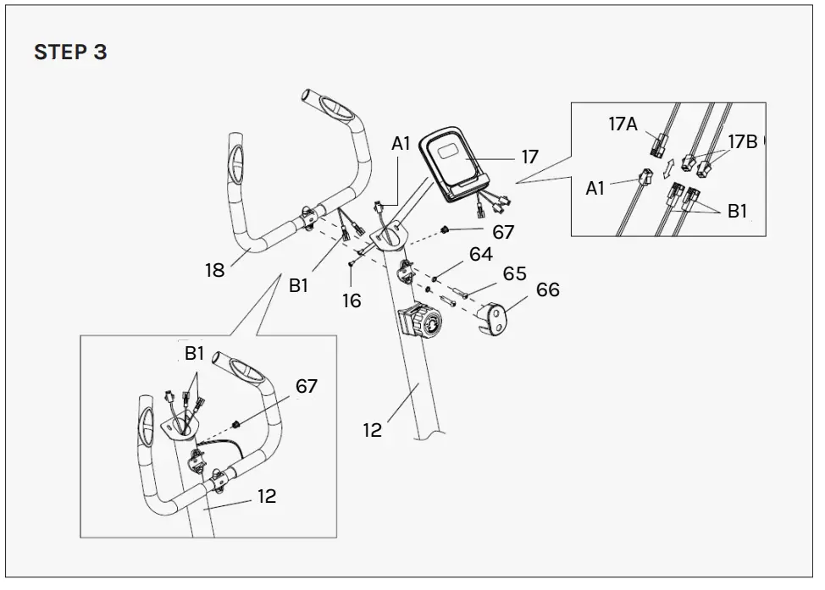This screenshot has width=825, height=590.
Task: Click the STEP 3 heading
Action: [x=70, y=52]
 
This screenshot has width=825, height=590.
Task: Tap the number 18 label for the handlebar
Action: [x=214, y=270]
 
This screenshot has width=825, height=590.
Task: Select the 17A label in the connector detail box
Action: [x=623, y=124]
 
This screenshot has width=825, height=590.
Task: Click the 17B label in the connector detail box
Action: [x=742, y=141]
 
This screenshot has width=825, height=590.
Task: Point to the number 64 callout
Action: [x=480, y=254]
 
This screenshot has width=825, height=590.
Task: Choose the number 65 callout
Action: [x=514, y=273]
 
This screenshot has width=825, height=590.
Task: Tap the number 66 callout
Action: [x=547, y=290]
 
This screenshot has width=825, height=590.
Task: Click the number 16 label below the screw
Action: [x=352, y=300]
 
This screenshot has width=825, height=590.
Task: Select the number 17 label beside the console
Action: [x=529, y=157]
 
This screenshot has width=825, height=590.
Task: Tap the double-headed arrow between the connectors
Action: [x=667, y=163]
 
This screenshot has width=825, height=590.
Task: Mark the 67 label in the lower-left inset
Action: [x=306, y=386]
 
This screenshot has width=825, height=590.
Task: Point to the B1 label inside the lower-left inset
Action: [x=195, y=354]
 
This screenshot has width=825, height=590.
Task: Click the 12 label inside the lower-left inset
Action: [x=267, y=496]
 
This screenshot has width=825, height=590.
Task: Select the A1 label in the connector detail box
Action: [x=596, y=188]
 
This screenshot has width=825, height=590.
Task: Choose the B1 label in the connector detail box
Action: [x=738, y=212]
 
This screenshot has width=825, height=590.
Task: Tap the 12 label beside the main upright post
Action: [x=373, y=430]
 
